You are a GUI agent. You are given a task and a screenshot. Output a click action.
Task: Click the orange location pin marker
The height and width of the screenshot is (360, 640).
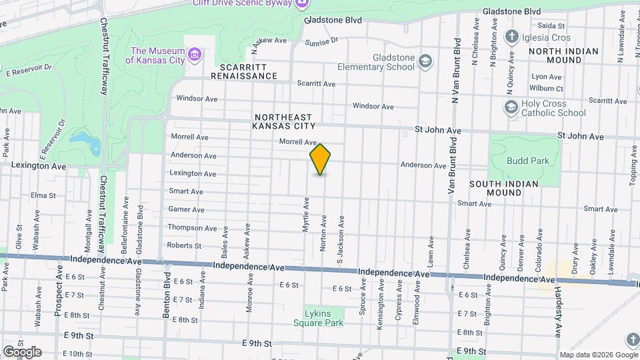[321, 159]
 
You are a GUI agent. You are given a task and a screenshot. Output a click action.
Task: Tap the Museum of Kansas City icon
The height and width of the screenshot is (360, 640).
[195, 53]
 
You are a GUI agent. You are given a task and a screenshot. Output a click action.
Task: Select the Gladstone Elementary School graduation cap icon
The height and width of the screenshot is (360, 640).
[424, 62]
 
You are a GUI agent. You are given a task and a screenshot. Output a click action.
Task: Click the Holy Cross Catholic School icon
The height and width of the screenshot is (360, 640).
[511, 107]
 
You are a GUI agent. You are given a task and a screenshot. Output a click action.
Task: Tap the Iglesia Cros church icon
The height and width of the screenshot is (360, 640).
[512, 37]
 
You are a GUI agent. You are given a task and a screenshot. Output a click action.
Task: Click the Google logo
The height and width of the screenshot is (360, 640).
[22, 351]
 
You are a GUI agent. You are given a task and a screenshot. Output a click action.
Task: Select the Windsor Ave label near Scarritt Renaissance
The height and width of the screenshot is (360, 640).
[197, 99]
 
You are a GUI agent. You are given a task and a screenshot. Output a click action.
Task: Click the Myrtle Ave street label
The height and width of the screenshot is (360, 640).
[306, 214]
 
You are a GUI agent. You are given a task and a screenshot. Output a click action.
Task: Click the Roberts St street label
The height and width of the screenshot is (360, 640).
[184, 245]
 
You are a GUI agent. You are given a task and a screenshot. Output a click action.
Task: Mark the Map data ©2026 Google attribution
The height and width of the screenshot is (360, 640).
[598, 355]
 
